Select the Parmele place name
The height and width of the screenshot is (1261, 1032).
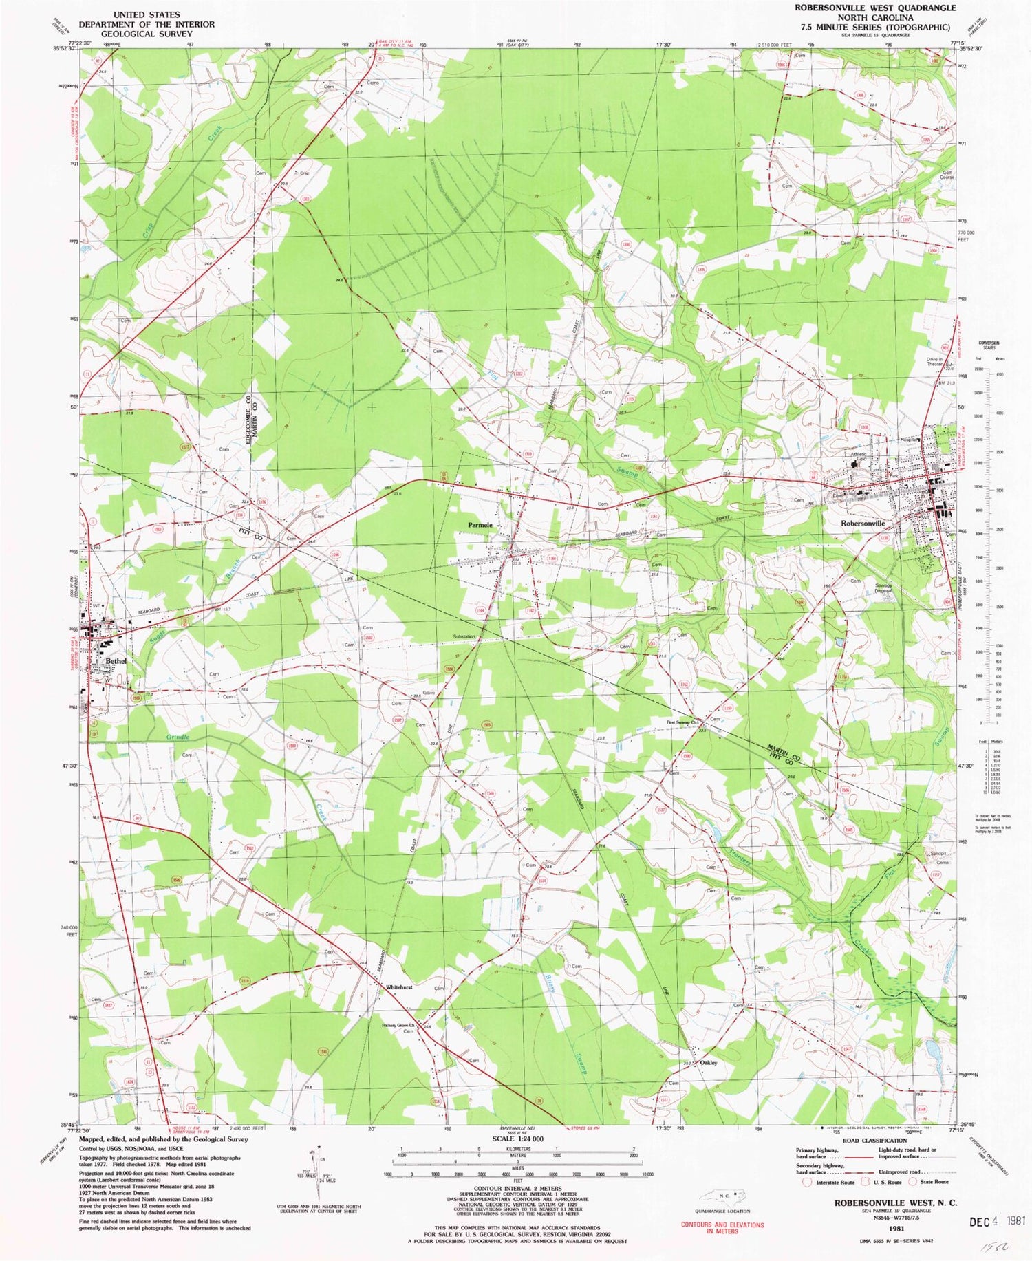(480, 525)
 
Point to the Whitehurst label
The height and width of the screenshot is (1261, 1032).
(399, 987)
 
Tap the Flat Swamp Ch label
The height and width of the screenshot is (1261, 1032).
(682, 722)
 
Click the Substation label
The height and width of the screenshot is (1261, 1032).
(464, 637)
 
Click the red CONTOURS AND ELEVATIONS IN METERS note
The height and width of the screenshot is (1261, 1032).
(722, 1227)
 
